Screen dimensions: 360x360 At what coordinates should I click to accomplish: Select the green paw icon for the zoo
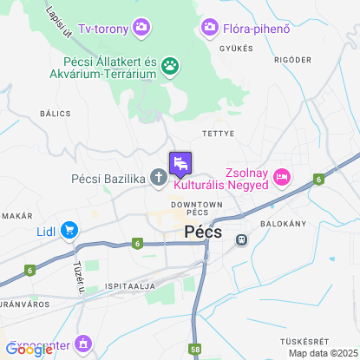click(x=172, y=64)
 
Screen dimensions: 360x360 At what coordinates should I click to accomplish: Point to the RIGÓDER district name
click(x=291, y=60)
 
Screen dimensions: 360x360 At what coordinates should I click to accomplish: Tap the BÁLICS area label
click(x=55, y=113)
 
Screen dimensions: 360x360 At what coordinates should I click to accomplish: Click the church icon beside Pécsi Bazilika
click(x=158, y=179)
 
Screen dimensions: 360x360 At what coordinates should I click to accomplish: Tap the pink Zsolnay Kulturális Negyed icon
click(x=281, y=178)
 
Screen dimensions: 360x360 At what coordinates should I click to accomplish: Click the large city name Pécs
click(x=205, y=232)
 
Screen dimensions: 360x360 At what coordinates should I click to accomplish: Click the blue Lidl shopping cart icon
click(x=69, y=231)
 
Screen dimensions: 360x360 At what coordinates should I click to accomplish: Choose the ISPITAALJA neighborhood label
click(x=128, y=285)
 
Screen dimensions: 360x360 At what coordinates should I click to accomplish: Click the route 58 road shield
click(x=194, y=350)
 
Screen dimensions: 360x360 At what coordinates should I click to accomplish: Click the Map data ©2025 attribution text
click(x=322, y=353)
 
